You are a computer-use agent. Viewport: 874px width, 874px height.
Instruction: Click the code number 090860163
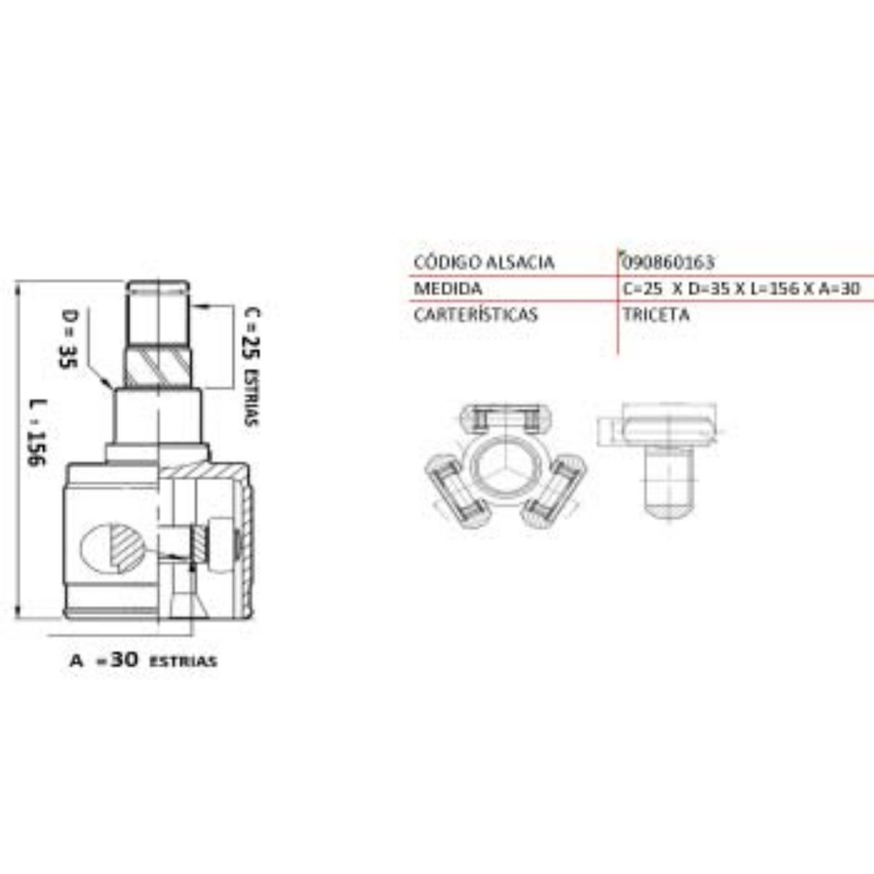(x=668, y=262)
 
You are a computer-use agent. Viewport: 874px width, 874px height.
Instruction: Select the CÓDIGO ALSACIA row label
(x=484, y=262)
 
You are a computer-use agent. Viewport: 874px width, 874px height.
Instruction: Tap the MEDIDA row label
(x=448, y=289)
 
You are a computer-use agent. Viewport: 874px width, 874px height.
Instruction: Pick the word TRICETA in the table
(x=657, y=314)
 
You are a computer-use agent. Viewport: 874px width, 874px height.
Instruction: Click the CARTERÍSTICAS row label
(x=476, y=314)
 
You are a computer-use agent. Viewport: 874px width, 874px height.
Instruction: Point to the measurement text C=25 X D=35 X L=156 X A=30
(x=741, y=288)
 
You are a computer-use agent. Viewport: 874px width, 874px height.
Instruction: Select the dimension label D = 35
(x=69, y=339)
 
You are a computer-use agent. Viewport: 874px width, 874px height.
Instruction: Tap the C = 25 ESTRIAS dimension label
(x=251, y=366)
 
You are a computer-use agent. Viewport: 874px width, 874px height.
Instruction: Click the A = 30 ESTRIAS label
(x=143, y=661)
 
